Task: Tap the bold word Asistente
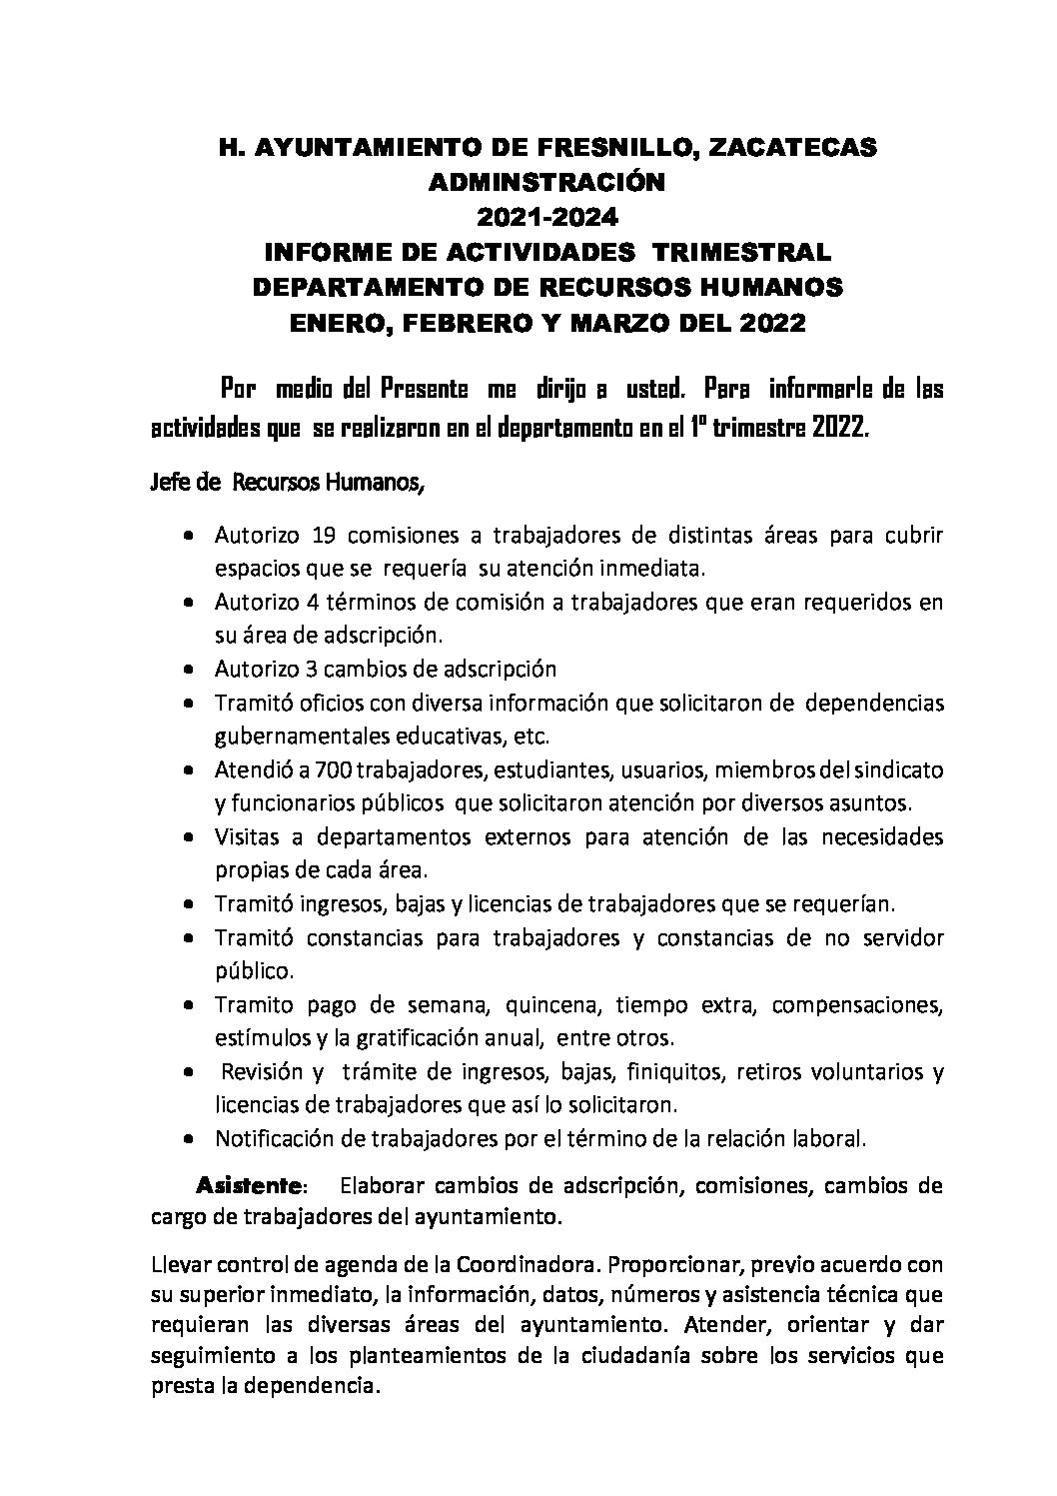pyautogui.click(x=250, y=1186)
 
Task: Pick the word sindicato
pyautogui.click(x=897, y=771)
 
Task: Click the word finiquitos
pyautogui.click(x=675, y=1072)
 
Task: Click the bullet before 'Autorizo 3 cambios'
pyautogui.click(x=189, y=670)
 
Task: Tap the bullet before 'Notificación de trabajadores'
pyautogui.click(x=189, y=1139)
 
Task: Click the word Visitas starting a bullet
pyautogui.click(x=243, y=835)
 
